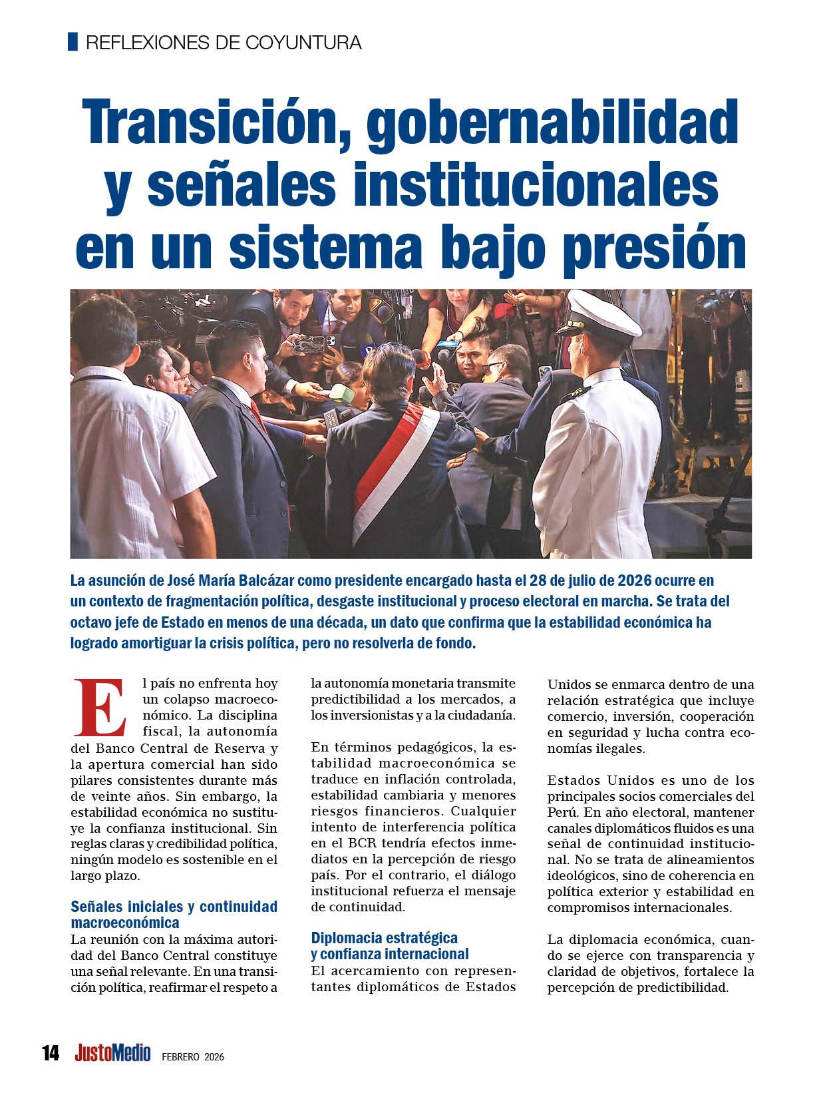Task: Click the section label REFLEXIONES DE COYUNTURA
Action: click(224, 43)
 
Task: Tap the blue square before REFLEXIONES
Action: click(73, 42)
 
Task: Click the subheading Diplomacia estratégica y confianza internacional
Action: click(390, 946)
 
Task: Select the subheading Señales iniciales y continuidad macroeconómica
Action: click(174, 914)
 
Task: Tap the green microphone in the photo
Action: click(343, 392)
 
